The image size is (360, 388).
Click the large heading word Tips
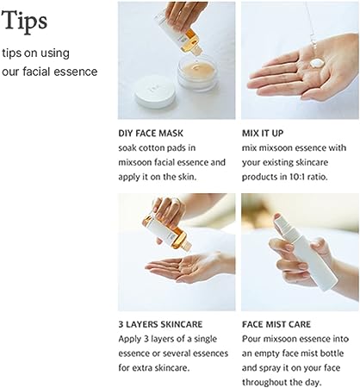(25, 20)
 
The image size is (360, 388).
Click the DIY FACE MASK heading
(155, 134)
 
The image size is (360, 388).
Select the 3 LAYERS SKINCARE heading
(161, 325)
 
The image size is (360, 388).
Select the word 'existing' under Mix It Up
(282, 162)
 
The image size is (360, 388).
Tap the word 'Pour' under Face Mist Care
(254, 339)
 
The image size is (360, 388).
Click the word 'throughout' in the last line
(270, 381)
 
